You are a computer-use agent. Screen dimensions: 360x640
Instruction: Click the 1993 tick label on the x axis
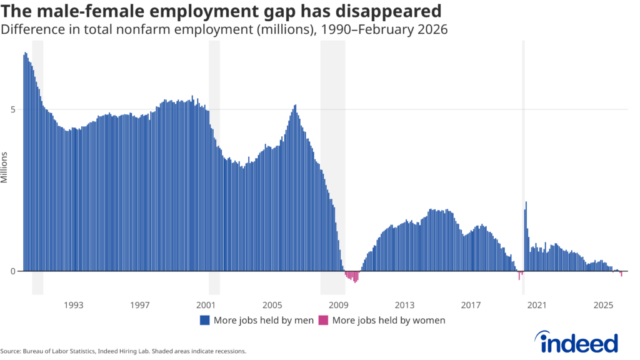coord(74,305)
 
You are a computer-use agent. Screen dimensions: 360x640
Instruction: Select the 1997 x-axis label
coord(140,305)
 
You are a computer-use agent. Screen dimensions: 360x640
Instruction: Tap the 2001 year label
coord(206,305)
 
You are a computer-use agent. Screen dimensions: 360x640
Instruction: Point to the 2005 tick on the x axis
coord(272,305)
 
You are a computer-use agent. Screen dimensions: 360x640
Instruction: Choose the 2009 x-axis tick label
coord(338,305)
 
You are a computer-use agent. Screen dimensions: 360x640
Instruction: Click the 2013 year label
coord(404,305)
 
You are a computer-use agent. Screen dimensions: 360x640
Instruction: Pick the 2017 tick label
coord(471,305)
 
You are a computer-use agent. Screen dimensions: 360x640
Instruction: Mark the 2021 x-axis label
coord(537,305)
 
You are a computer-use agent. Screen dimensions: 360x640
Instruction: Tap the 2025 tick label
coord(603,305)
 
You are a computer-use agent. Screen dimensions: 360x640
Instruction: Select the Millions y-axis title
coord(4,167)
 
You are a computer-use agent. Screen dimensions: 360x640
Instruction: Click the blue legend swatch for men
coord(204,321)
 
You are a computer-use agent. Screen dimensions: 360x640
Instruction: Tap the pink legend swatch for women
coord(323,321)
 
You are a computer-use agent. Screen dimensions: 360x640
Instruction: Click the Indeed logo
coord(579,342)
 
